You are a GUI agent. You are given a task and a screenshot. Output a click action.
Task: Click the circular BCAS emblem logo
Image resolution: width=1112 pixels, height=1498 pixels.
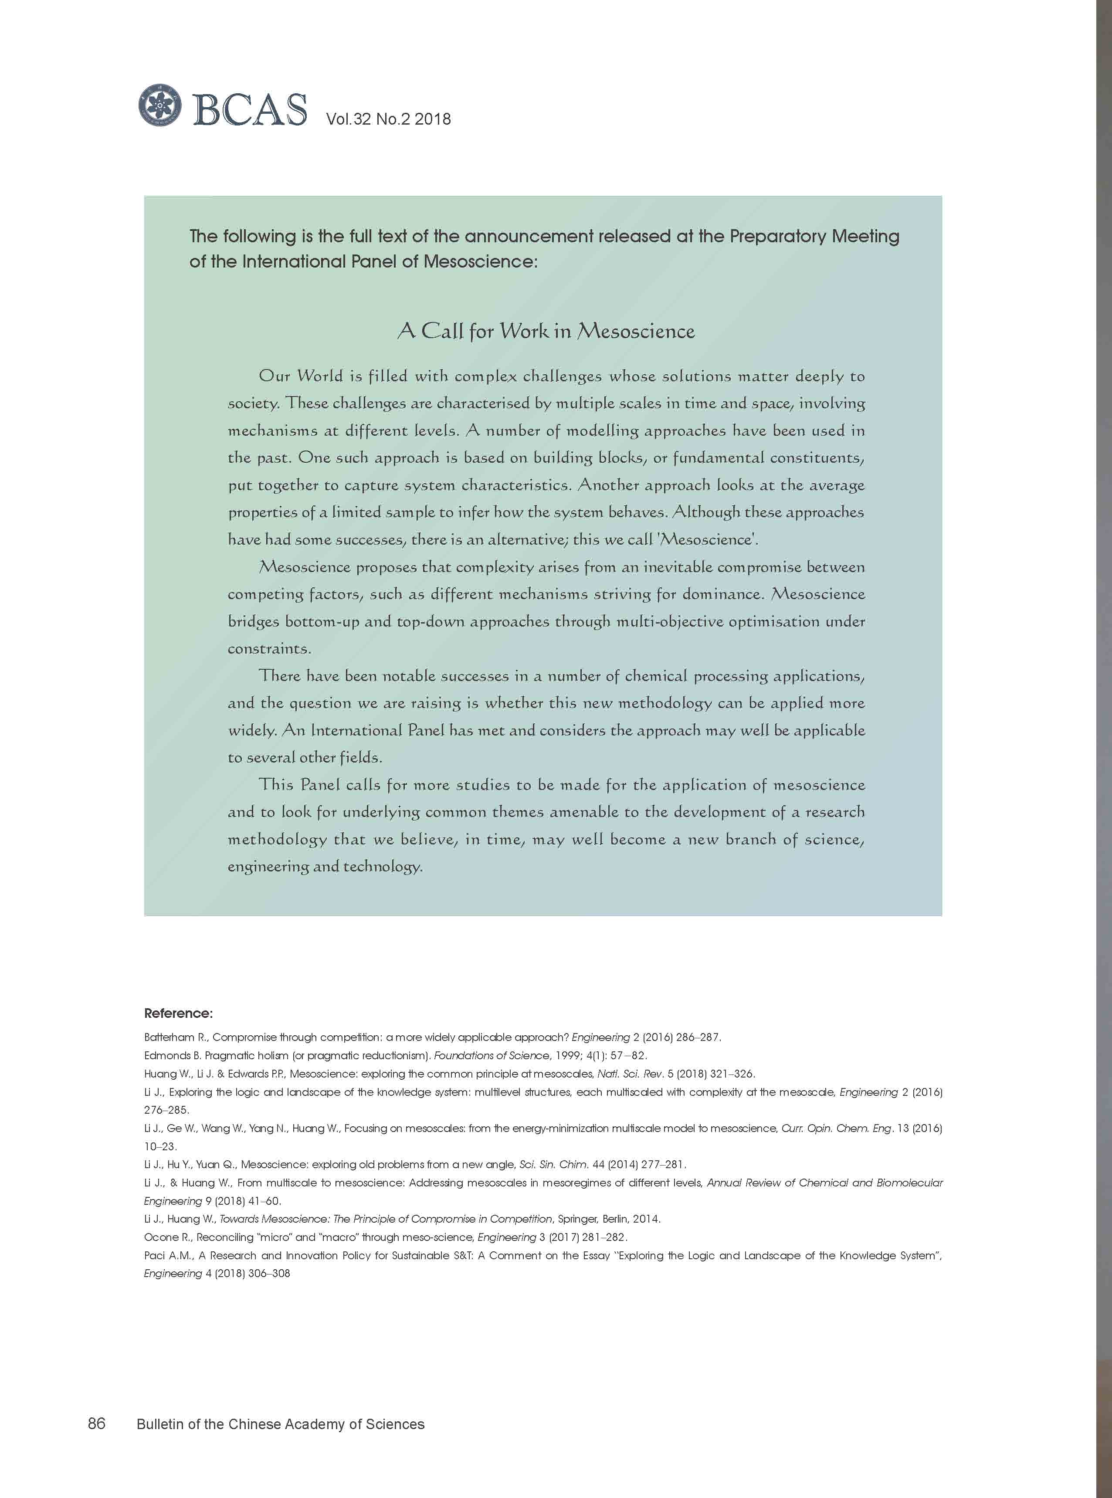coord(160,105)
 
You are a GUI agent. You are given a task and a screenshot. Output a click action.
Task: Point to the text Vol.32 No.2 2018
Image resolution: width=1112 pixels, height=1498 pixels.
coord(388,119)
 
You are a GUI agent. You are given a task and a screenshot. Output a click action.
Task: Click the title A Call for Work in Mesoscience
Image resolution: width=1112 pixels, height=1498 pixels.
coord(546,331)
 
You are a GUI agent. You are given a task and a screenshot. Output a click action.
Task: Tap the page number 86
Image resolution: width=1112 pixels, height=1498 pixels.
coord(96,1423)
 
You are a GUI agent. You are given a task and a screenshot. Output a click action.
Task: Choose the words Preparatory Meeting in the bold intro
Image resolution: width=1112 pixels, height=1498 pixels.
coord(814,236)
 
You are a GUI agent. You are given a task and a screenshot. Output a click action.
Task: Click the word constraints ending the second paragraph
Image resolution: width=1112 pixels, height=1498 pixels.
coord(268,649)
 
